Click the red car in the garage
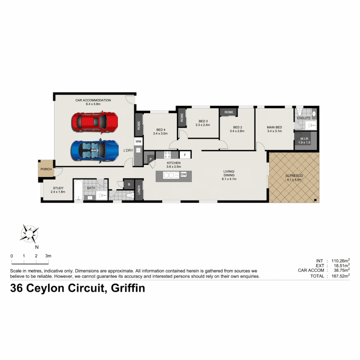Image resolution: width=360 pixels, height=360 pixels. point(95,121)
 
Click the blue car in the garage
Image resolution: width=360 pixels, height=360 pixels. point(95,151)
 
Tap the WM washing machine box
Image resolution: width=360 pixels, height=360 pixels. point(138,142)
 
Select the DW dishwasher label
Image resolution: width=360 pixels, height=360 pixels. point(183,174)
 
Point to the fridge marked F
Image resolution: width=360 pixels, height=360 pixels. point(185,155)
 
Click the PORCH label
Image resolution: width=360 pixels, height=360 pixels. point(46,169)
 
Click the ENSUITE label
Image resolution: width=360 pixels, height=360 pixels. point(304,118)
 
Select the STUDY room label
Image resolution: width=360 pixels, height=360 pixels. point(58,188)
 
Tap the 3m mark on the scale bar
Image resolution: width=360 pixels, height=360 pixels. point(48,256)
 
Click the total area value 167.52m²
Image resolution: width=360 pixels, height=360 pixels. point(338,276)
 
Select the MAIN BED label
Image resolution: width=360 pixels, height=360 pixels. point(274,127)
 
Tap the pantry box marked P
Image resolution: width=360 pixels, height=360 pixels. point(150,160)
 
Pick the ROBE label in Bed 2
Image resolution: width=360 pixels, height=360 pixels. point(229,112)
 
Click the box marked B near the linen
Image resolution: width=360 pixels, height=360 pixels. point(129,184)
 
